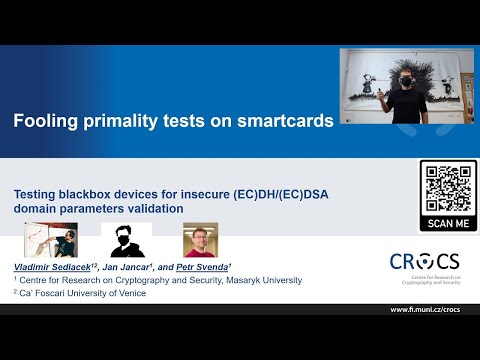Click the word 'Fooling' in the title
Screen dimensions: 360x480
pyautogui.click(x=44, y=123)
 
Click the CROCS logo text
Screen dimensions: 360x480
pyautogui.click(x=426, y=262)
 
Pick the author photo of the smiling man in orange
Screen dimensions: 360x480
pyautogui.click(x=200, y=240)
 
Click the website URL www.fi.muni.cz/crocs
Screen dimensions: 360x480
pyautogui.click(x=431, y=309)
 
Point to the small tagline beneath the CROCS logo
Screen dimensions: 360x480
pyautogui.click(x=426, y=281)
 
